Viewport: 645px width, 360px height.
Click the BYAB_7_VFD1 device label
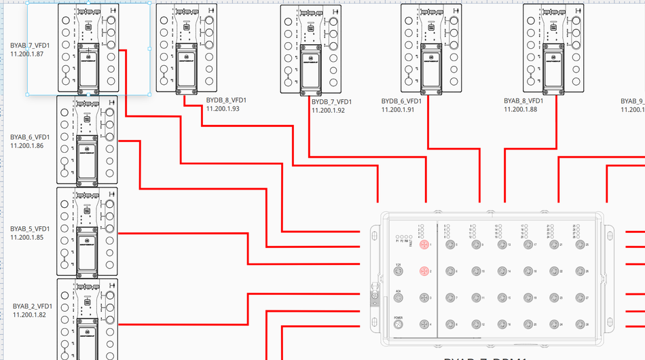coord(29,46)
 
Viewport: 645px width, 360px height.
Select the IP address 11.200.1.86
coord(27,145)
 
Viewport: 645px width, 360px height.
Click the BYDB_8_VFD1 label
coord(226,101)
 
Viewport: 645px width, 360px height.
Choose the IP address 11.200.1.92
coord(328,110)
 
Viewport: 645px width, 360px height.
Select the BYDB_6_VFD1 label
coord(401,101)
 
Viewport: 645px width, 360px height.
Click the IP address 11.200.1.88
coord(520,109)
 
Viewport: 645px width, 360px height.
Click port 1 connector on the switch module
coord(424,244)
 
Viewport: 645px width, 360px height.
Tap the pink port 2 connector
coord(424,272)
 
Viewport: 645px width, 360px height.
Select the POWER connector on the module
coord(399,325)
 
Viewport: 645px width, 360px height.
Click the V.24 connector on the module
coord(399,272)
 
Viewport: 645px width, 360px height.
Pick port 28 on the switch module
coord(579,325)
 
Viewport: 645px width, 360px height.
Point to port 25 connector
coord(579,244)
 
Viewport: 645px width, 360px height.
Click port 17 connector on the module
coord(528,244)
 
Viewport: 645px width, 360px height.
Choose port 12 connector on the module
coord(475,325)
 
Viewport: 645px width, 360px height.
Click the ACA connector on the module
coord(399,298)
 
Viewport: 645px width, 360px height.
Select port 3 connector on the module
coord(424,298)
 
